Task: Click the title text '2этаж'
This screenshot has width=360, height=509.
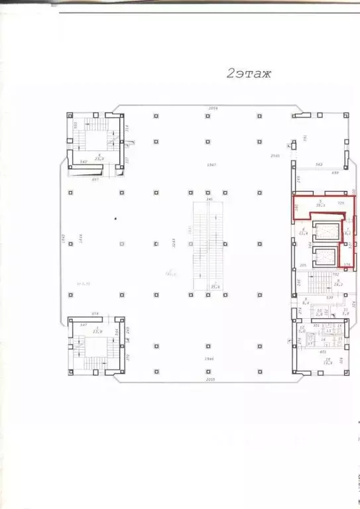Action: [249, 74]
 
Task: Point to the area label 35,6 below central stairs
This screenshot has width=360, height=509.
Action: [214, 286]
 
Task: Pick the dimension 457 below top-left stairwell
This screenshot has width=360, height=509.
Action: [95, 179]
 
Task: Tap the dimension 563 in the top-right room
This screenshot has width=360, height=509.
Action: [318, 164]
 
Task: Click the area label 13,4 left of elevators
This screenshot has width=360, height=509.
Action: [303, 232]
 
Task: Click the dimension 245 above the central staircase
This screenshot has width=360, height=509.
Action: [209, 199]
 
